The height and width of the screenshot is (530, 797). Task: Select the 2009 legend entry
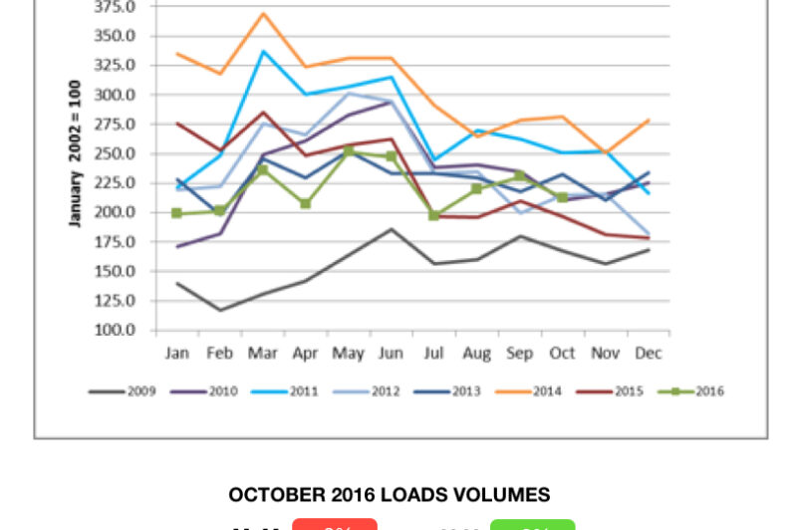pyautogui.click(x=127, y=392)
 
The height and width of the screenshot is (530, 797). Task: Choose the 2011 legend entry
pyautogui.click(x=294, y=392)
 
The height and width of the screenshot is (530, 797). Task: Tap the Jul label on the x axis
pyautogui.click(x=433, y=353)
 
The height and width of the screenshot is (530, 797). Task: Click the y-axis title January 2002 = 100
pyautogui.click(x=75, y=153)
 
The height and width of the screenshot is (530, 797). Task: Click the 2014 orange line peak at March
pyautogui.click(x=263, y=13)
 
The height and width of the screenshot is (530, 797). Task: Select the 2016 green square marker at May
pyautogui.click(x=349, y=151)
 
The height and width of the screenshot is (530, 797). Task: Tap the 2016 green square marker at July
pyautogui.click(x=433, y=215)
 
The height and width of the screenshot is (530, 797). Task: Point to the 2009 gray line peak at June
pyautogui.click(x=393, y=229)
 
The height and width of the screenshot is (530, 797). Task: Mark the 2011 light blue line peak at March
pyautogui.click(x=263, y=51)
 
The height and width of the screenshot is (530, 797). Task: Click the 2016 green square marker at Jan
pyautogui.click(x=176, y=213)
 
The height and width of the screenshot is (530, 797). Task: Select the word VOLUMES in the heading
pyautogui.click(x=506, y=495)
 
